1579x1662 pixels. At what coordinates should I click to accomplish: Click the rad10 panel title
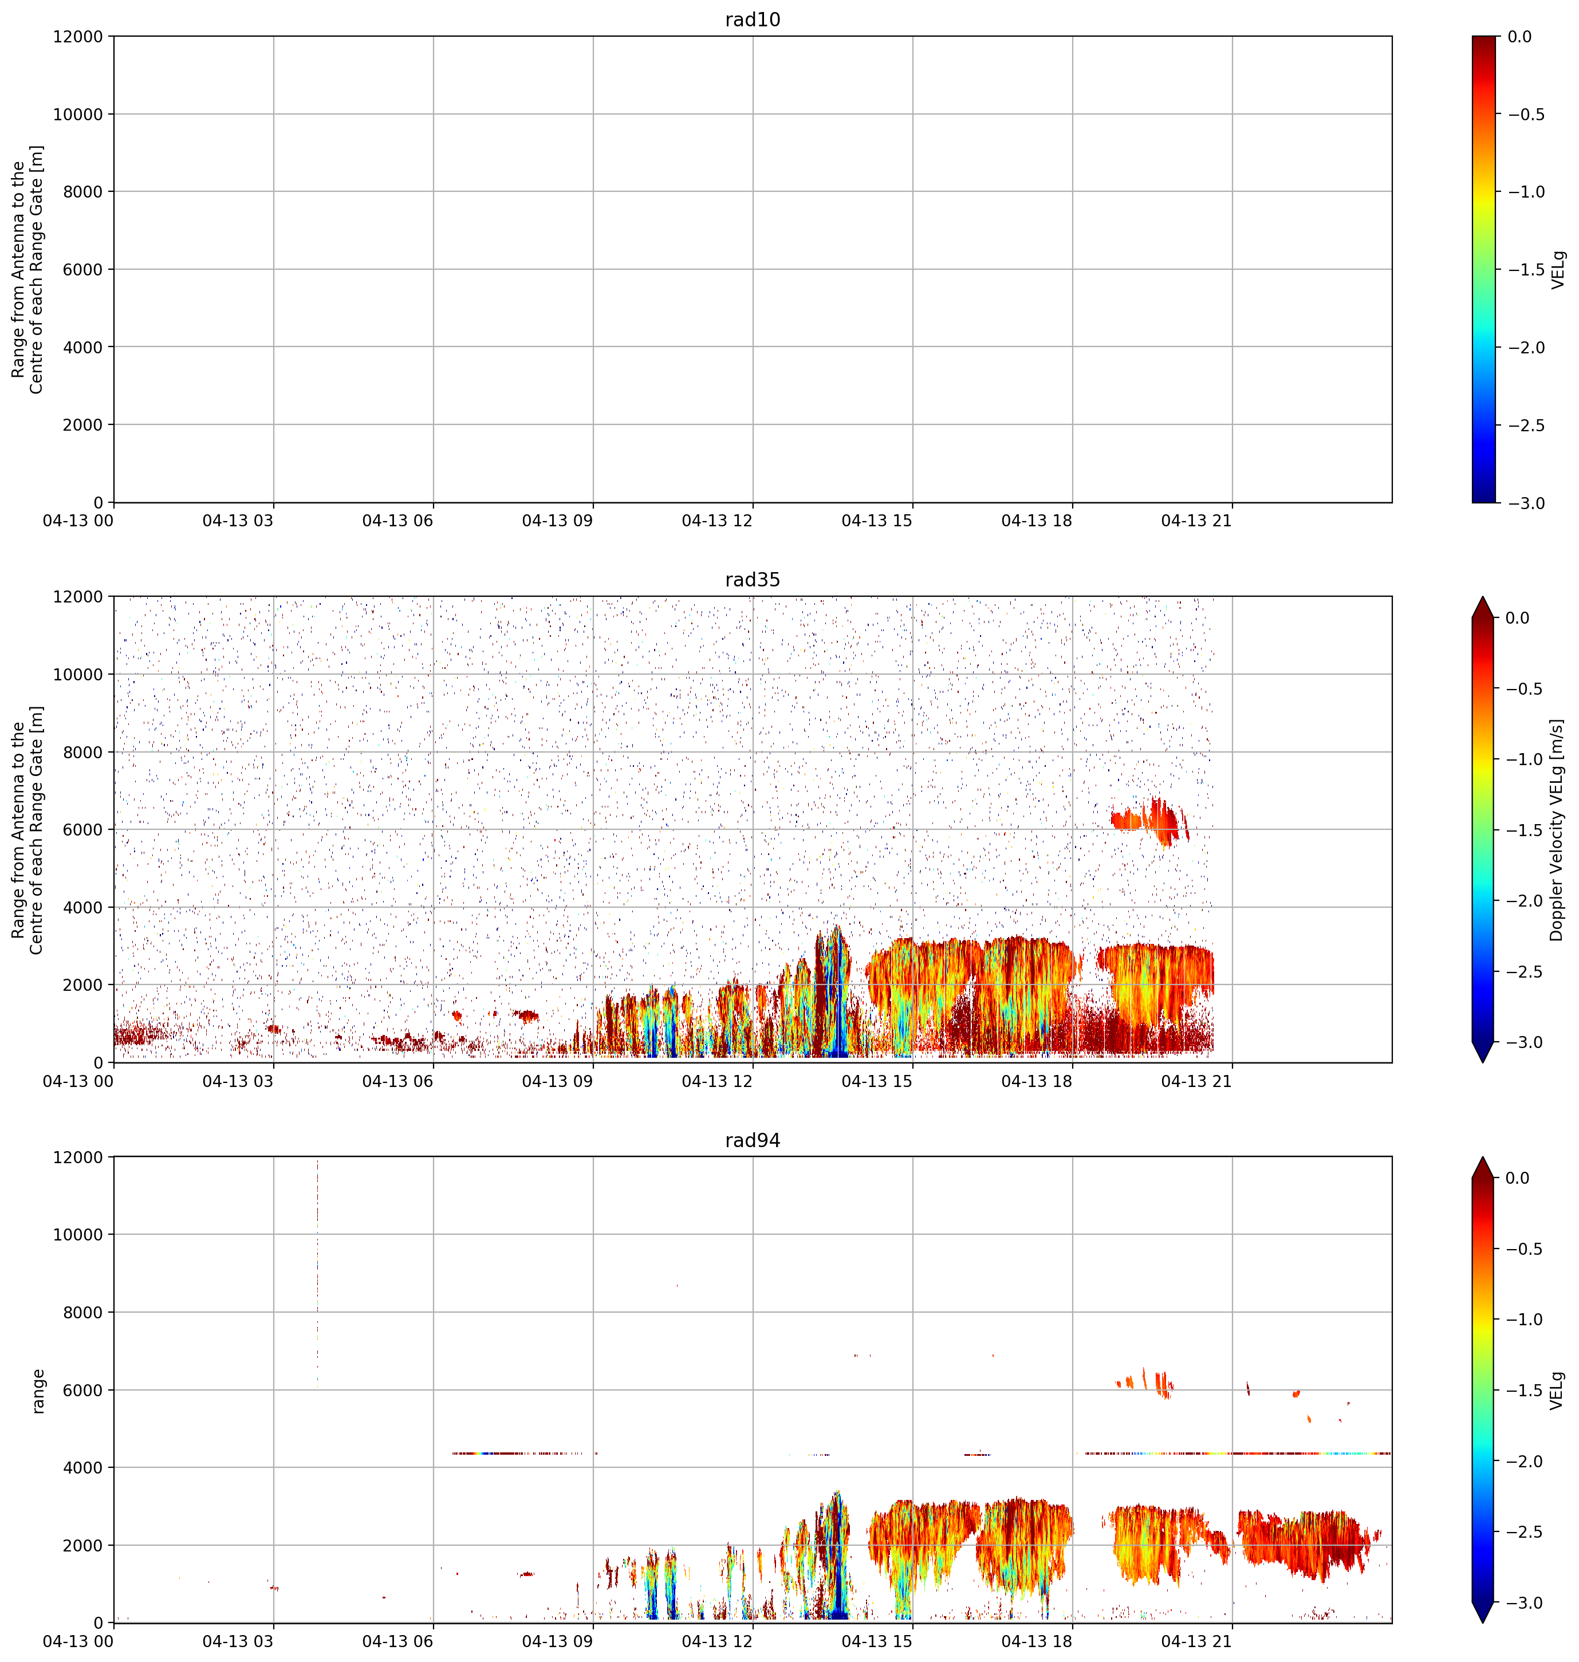753,19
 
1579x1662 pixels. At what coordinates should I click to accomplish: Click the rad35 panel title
753,580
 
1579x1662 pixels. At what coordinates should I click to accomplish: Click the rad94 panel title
753,1140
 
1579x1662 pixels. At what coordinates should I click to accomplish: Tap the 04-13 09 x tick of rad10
557,521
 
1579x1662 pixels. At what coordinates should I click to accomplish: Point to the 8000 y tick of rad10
84,192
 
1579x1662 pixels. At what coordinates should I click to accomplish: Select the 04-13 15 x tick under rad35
877,1081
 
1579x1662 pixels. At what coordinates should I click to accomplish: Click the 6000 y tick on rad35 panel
84,830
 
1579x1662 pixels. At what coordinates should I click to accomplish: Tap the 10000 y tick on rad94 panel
79,1235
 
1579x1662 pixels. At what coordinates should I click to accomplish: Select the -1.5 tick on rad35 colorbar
1525,830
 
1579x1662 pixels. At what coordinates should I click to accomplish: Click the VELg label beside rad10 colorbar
1558,269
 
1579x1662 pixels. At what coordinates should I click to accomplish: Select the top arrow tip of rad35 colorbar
1483,597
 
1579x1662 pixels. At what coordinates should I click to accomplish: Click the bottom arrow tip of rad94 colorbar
1483,1622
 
